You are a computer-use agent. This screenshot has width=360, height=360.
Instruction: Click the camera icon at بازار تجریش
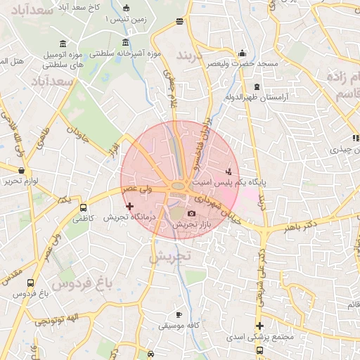coord(192,214)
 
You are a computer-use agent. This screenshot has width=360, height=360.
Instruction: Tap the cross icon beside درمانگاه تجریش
coord(129,206)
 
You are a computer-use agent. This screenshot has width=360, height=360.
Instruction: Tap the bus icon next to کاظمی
coord(84,209)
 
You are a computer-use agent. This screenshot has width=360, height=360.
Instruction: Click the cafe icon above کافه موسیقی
coord(179,314)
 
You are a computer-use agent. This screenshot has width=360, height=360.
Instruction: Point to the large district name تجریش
coord(169,257)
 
